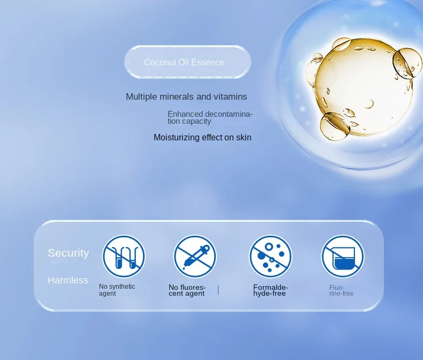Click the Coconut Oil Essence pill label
187,62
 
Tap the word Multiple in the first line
141,97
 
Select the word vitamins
230,96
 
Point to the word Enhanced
185,114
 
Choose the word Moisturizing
177,138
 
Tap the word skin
244,137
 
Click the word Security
68,253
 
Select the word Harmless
68,280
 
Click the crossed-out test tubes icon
124,257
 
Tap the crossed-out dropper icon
195,257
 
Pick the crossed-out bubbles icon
270,257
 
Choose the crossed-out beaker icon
343,257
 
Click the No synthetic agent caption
117,290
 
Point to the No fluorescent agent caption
187,290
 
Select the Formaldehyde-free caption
271,290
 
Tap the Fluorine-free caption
341,291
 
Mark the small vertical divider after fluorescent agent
218,290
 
